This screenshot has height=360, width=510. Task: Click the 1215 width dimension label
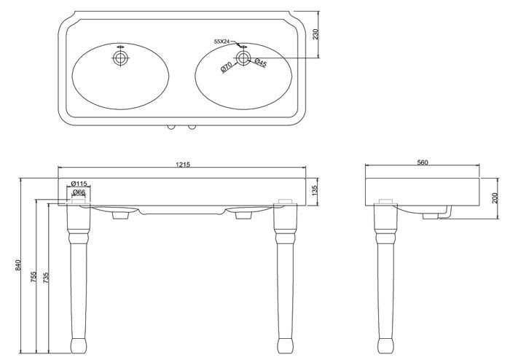point(182,165)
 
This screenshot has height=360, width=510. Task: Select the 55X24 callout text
point(221,42)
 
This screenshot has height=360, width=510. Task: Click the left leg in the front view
point(76,277)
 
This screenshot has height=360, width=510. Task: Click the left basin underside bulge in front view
point(120,214)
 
